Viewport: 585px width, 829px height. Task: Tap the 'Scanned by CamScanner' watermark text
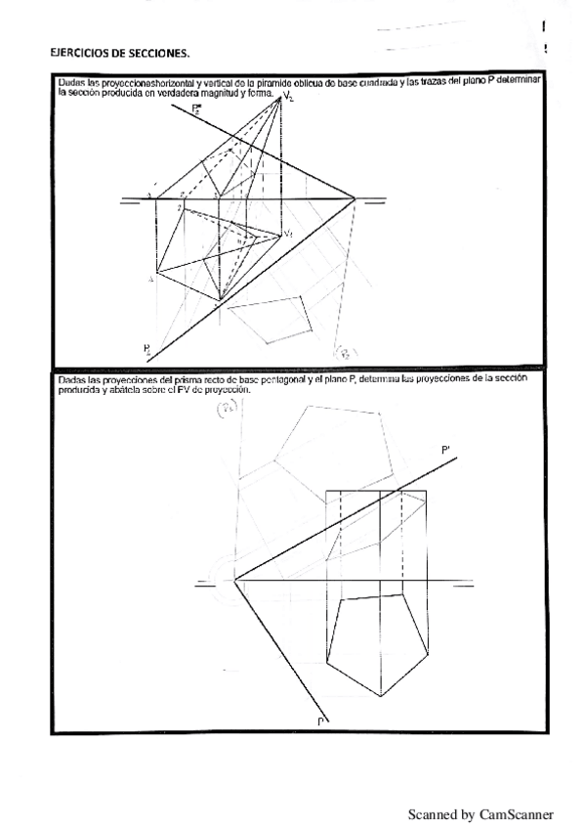pyautogui.click(x=481, y=813)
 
